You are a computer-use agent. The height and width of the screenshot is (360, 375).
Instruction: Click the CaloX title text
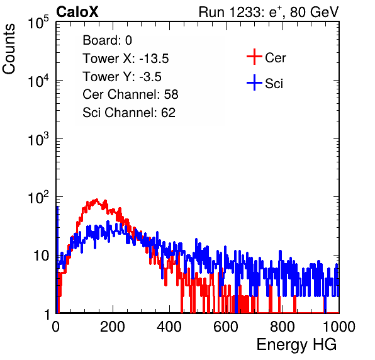click(77, 12)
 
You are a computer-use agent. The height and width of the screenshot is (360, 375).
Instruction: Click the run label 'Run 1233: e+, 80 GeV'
click(269, 12)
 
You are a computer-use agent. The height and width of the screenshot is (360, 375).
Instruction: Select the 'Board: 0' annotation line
click(107, 40)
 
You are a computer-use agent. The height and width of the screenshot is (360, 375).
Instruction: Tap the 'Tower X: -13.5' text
click(126, 59)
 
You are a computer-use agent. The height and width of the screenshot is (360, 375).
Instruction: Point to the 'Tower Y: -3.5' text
click(122, 77)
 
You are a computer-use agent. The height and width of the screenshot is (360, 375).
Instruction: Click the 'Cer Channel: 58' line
click(130, 94)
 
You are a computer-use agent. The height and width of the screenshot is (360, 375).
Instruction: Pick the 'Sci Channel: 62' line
click(129, 113)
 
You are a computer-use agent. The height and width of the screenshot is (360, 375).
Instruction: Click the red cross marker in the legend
click(254, 57)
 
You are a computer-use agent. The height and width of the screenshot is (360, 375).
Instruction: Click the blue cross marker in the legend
click(254, 82)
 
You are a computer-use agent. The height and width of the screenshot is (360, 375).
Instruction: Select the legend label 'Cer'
click(275, 58)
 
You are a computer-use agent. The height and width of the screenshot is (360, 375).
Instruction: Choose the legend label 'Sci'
click(274, 84)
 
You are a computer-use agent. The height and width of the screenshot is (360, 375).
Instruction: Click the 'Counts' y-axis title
click(9, 49)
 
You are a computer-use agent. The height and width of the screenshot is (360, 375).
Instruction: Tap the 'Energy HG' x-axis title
click(296, 345)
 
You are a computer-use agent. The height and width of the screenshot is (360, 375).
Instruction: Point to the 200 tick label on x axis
click(113, 327)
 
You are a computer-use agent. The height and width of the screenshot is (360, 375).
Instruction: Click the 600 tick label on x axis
click(226, 327)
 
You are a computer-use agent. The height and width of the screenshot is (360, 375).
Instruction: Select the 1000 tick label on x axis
click(339, 327)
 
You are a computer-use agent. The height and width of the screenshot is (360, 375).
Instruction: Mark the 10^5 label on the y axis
click(38, 23)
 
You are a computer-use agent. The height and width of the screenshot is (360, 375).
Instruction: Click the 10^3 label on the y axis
click(38, 139)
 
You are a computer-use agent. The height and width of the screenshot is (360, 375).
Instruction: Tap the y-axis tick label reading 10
click(42, 256)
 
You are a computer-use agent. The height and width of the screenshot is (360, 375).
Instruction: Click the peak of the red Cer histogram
click(97, 200)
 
